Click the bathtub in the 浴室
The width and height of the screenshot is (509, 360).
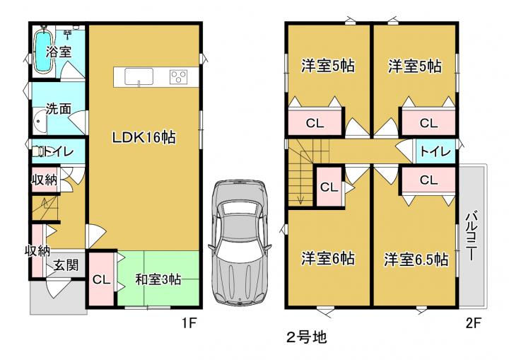tap(43, 52)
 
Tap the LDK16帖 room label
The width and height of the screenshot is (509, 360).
tap(144, 137)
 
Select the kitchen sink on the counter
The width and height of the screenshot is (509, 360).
tap(139, 76)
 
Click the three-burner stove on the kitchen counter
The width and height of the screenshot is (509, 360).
tap(179, 77)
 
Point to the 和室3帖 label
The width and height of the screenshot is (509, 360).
tap(158, 279)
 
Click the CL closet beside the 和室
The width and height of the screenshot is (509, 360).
tap(101, 279)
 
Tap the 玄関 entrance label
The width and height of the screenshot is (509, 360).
tap(66, 265)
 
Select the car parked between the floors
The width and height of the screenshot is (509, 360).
tap(240, 243)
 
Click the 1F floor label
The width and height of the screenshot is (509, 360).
tap(189, 323)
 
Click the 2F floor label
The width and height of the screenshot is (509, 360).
tap(473, 323)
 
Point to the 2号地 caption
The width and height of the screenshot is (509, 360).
tap(306, 337)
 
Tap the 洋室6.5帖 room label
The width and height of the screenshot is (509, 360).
tap(416, 260)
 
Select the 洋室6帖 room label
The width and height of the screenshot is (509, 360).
tap(327, 259)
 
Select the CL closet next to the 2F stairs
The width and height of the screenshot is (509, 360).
tap(329, 187)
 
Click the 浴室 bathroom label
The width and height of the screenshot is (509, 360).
tap(59, 52)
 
